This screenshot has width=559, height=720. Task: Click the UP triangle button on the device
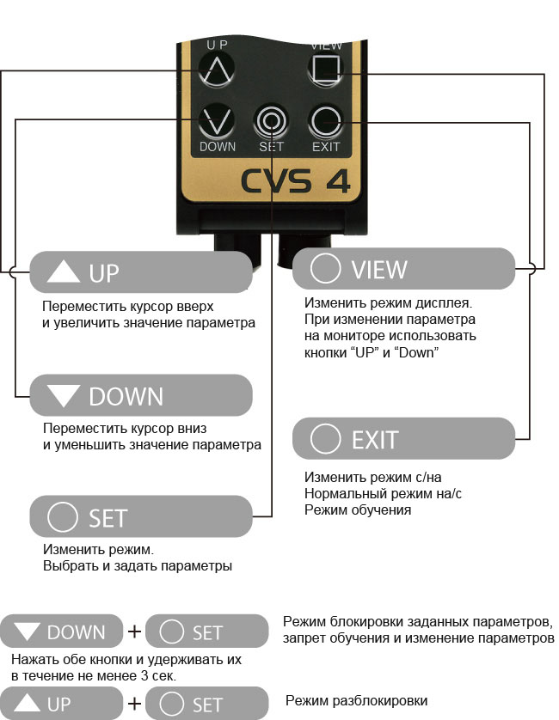(215, 68)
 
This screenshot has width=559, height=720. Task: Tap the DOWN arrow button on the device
(217, 121)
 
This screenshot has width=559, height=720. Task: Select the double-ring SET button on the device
(271, 122)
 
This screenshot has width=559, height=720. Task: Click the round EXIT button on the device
(326, 120)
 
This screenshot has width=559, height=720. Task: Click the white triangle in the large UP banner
(63, 273)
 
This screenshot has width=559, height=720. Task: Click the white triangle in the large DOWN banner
(63, 396)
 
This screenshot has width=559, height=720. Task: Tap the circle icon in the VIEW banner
(325, 269)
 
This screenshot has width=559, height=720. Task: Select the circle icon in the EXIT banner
(325, 439)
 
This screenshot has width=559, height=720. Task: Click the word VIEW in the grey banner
(378, 270)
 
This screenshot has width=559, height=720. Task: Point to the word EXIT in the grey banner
(374, 440)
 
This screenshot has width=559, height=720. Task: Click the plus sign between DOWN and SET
(135, 632)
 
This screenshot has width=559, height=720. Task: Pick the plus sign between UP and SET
(135, 705)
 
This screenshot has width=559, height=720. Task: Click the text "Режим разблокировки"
(355, 701)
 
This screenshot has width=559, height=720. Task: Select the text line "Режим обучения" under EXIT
(357, 509)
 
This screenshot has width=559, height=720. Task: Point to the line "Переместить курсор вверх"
(126, 307)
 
